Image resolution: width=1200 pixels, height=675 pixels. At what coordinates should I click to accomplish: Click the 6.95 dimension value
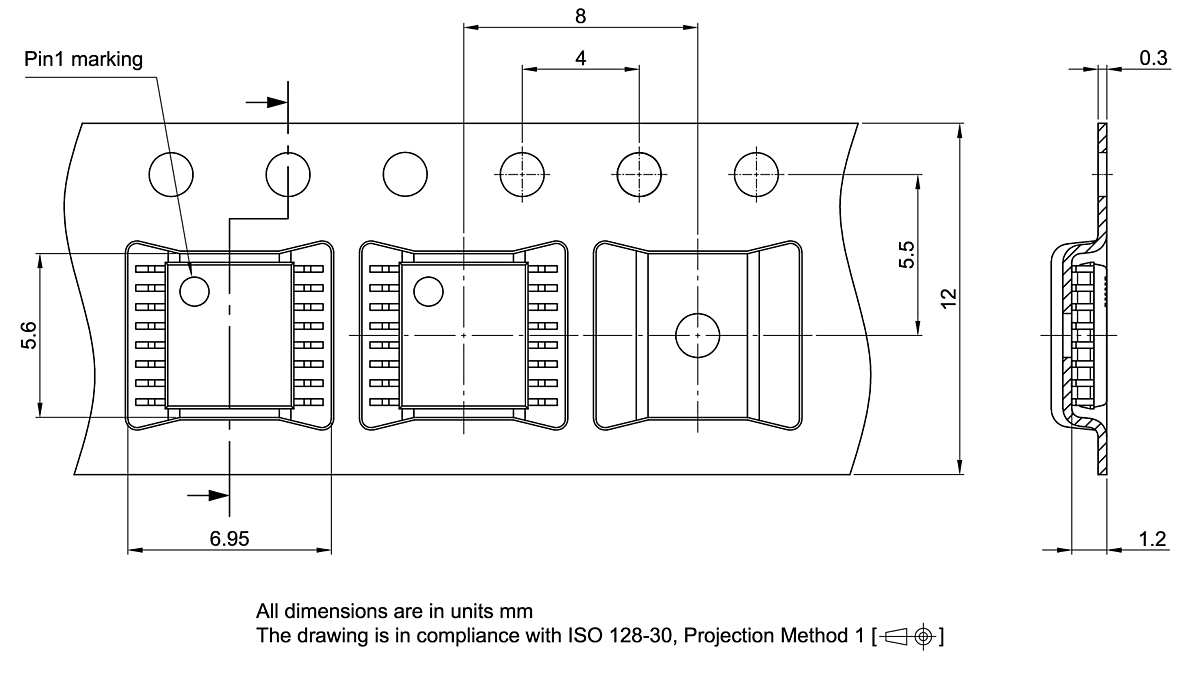(x=229, y=539)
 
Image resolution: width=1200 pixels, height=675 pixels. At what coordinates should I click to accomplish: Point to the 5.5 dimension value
(x=906, y=255)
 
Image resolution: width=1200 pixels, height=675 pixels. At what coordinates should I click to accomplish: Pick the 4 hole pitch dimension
(x=581, y=58)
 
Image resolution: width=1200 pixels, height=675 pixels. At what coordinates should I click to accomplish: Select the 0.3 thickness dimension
(x=1153, y=58)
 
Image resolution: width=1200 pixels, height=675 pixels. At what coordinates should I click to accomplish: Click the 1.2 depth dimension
(x=1152, y=539)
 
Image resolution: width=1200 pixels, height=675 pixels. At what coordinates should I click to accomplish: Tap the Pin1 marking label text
(x=84, y=59)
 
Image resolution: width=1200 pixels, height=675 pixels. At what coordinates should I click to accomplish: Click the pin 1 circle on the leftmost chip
(x=194, y=291)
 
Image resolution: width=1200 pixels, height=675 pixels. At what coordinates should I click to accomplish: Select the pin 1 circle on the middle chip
(x=429, y=291)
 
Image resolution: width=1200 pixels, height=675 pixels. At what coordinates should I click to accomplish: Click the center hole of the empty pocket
(x=697, y=334)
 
